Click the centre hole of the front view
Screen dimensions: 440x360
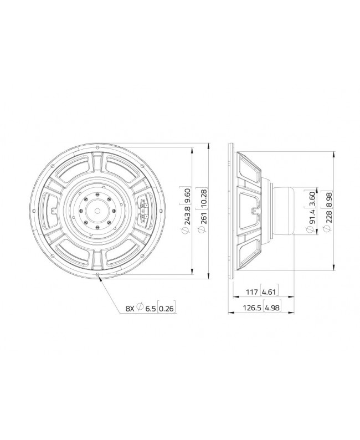[x=98, y=211]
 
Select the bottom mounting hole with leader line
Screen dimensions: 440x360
[x=98, y=274]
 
